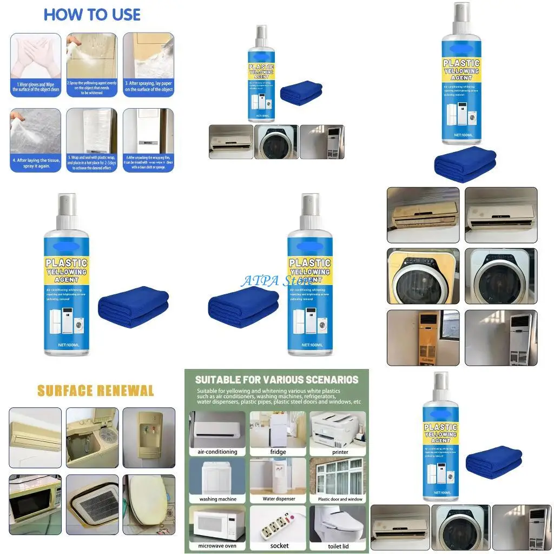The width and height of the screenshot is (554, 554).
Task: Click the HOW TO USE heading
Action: tap(92, 15)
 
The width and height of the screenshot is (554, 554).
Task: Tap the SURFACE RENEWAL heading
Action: tap(95, 391)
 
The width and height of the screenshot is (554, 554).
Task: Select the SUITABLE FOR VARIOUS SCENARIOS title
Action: tap(276, 380)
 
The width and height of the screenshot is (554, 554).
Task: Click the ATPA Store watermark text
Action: tap(276, 281)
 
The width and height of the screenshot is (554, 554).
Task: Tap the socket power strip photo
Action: tap(279, 523)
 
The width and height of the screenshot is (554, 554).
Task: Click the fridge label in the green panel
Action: tap(278, 452)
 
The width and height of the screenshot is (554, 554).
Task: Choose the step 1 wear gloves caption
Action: tap(36, 87)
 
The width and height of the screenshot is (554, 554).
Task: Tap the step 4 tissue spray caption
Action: tap(36, 163)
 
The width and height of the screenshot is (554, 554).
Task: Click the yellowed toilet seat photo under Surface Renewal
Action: tap(149, 502)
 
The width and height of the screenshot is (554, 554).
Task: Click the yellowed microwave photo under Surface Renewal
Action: tap(36, 502)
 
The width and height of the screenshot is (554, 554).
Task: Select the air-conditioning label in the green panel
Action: tap(217, 452)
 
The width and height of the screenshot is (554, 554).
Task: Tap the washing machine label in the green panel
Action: tap(217, 499)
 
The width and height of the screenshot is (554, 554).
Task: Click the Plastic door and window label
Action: tap(340, 499)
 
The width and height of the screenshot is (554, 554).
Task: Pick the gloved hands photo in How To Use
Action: tap(36, 56)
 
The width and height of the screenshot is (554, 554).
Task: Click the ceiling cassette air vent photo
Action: tap(93, 502)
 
